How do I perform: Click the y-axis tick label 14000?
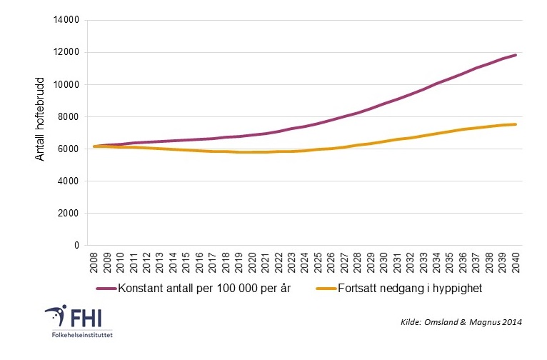point(65,20)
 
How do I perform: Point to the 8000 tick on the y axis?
point(67,116)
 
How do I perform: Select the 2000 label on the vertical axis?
point(67,213)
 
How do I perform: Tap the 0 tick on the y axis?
point(75,245)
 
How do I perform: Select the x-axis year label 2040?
point(514,261)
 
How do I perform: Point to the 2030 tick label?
point(384,261)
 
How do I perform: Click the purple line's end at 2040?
point(515,55)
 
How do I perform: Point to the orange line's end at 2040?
point(515,124)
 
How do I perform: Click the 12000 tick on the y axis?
point(65,52)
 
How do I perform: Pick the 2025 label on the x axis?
point(318,261)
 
